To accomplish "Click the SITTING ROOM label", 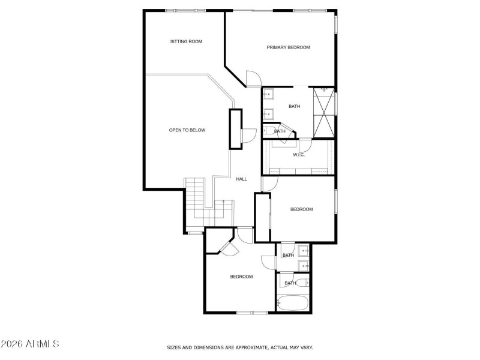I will [185, 41].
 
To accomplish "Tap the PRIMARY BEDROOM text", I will [288, 47].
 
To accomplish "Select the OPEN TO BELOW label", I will [187, 130].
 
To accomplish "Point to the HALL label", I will [241, 179].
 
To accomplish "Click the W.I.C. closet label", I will [299, 155].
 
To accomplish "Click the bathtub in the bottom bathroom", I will [293, 303].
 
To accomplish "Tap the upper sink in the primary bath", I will [268, 94].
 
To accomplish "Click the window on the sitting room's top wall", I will [182, 10].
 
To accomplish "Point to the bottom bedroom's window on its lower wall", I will [252, 312].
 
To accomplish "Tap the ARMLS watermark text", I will [29, 344].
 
